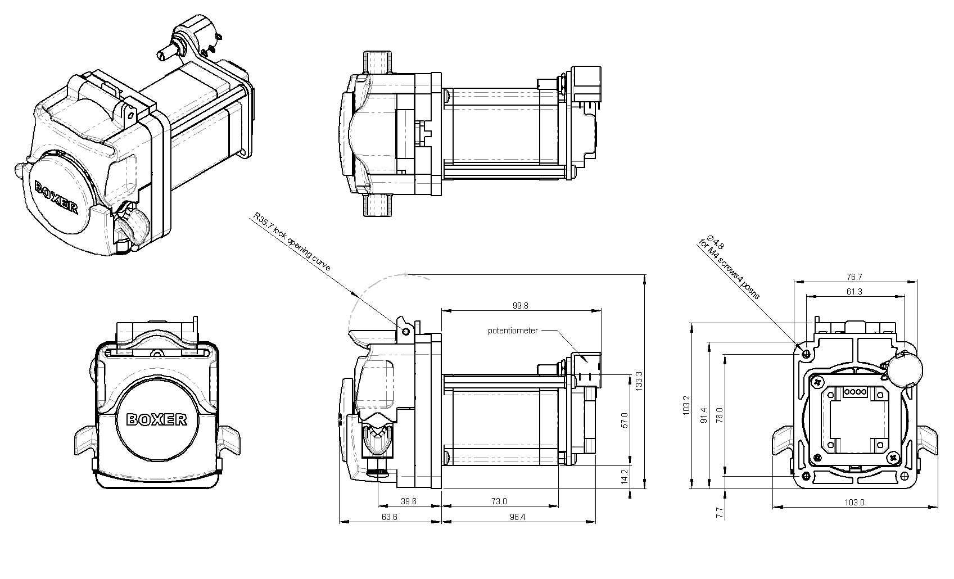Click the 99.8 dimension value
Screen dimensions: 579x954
coord(520,306)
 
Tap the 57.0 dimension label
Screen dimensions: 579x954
coord(624,420)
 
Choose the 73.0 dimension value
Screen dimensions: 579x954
coord(499,501)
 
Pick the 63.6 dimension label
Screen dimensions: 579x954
coord(389,517)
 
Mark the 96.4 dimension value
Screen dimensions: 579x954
coord(517,517)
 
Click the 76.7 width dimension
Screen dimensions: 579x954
coord(853,277)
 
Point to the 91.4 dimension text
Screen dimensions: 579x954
coord(702,414)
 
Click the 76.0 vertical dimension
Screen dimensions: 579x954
coord(719,414)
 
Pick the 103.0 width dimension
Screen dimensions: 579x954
coord(854,502)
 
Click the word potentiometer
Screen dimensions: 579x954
coord(513,331)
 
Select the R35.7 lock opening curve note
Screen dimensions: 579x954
coord(292,243)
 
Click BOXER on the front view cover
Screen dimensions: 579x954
coord(156,419)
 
